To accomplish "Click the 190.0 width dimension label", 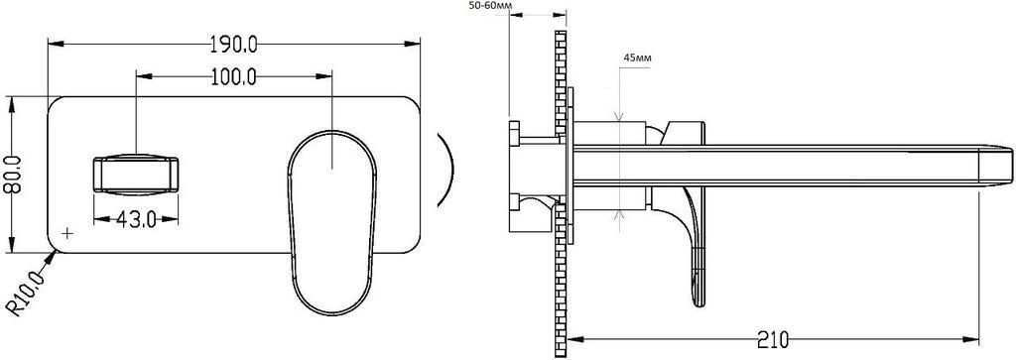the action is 234,44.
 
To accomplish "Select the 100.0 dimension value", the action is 234,77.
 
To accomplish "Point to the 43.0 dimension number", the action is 136,220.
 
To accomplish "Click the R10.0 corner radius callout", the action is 27,293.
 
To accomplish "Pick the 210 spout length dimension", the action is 771,338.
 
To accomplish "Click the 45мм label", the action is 638,58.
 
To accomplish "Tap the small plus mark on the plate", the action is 67,232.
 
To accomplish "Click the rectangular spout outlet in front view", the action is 135,175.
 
